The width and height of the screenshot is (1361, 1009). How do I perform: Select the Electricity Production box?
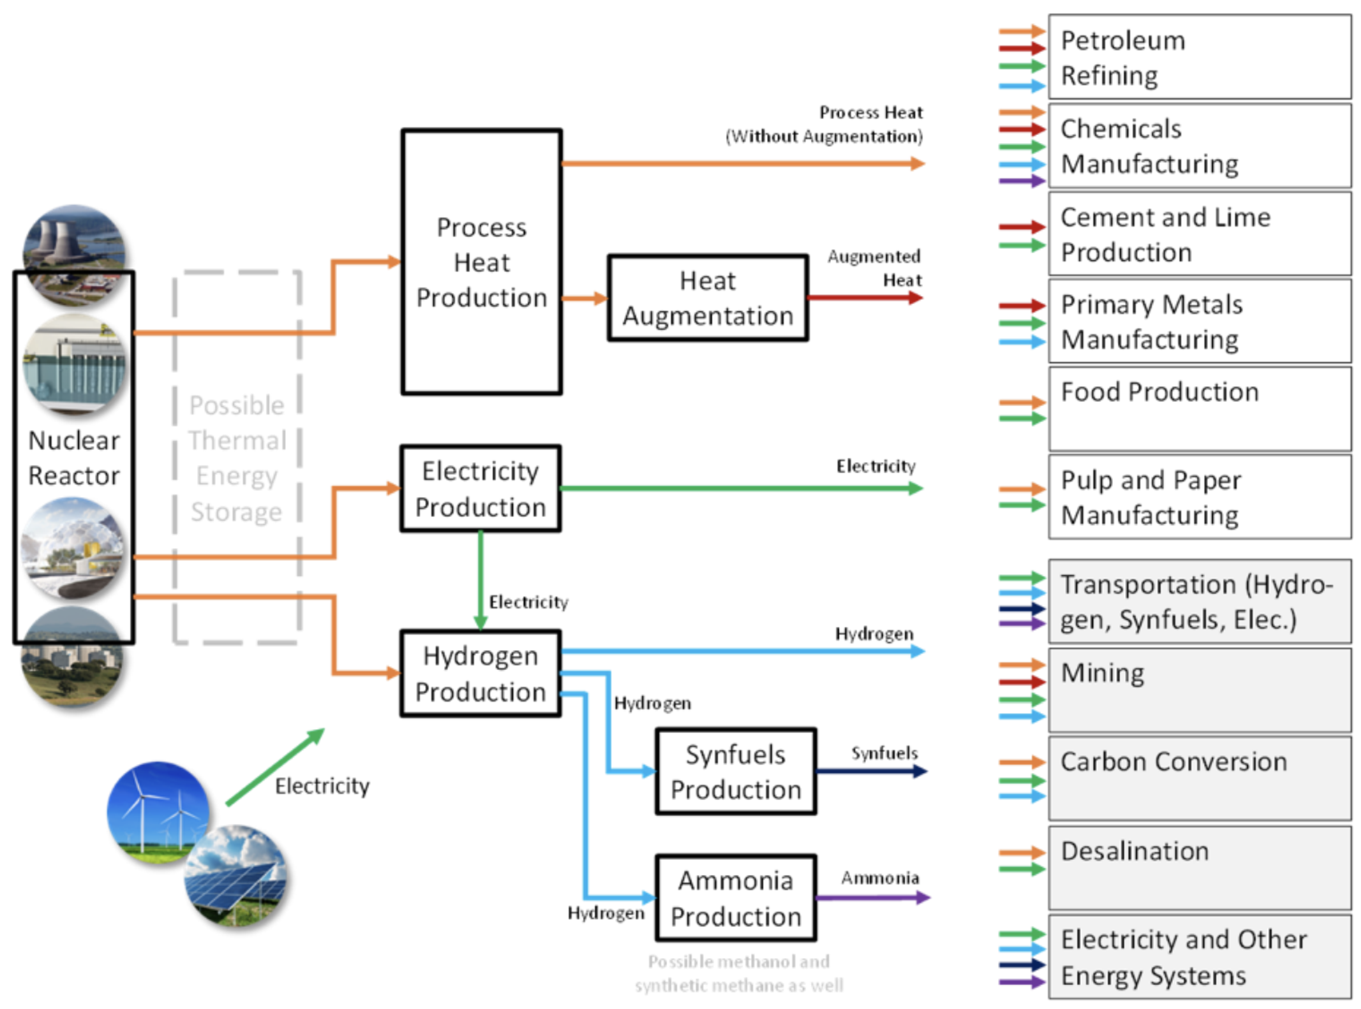[480, 489]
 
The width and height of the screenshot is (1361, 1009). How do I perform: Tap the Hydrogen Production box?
[480, 674]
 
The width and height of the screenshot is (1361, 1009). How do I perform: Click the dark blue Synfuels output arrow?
[871, 771]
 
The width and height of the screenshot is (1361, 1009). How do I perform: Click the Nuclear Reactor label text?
[74, 458]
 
